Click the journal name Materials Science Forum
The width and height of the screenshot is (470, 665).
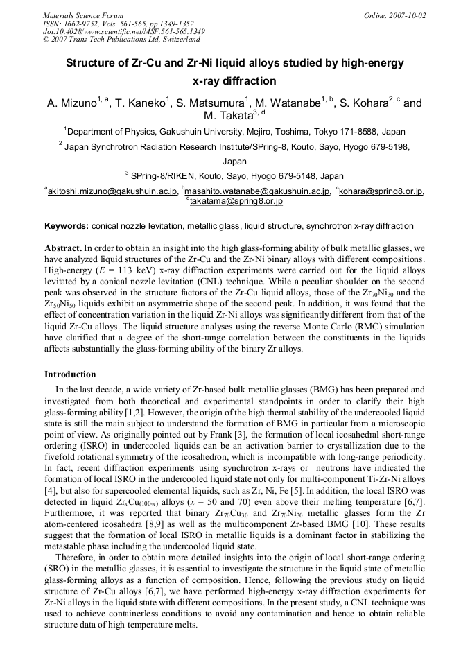(83, 15)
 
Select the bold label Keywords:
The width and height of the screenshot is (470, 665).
(67, 226)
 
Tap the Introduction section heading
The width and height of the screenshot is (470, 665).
(70, 374)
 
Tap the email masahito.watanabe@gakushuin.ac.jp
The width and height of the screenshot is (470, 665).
(258, 191)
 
